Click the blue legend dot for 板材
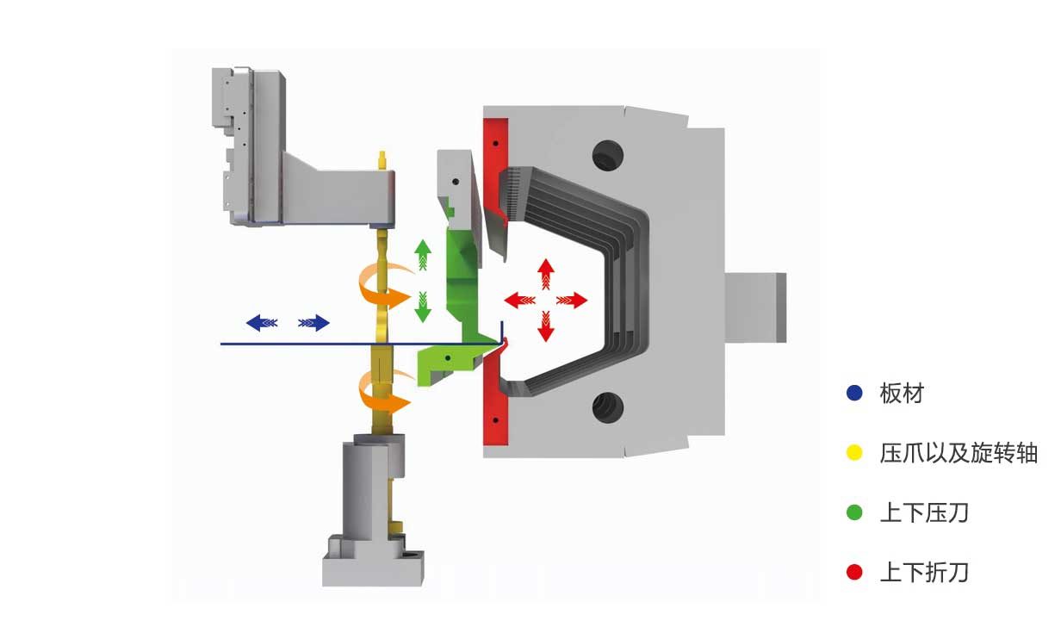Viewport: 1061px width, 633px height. tap(854, 393)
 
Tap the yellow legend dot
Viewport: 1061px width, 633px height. tap(854, 453)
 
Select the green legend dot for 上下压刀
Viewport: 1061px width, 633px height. tap(854, 512)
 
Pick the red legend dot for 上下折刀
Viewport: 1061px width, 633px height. tap(854, 573)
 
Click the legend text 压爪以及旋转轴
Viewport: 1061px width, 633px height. tap(959, 453)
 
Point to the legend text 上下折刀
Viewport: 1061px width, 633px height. tap(924, 573)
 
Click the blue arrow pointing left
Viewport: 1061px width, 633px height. tap(262, 323)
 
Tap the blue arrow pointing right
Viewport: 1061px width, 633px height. tap(313, 323)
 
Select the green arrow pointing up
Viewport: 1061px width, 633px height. tap(423, 255)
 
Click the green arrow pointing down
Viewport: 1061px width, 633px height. tap(423, 307)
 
